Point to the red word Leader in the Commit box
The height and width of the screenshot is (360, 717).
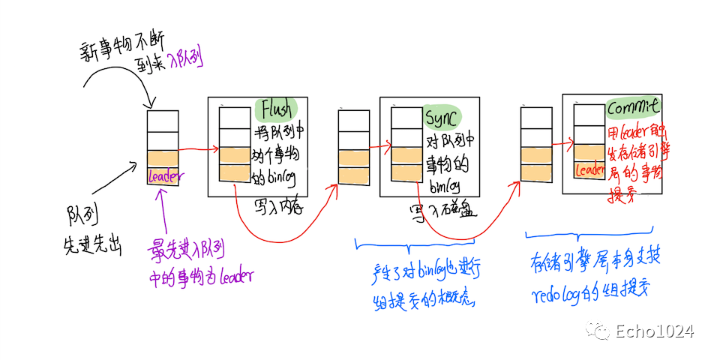pos(590,171)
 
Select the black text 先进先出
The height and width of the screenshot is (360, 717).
pos(93,245)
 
